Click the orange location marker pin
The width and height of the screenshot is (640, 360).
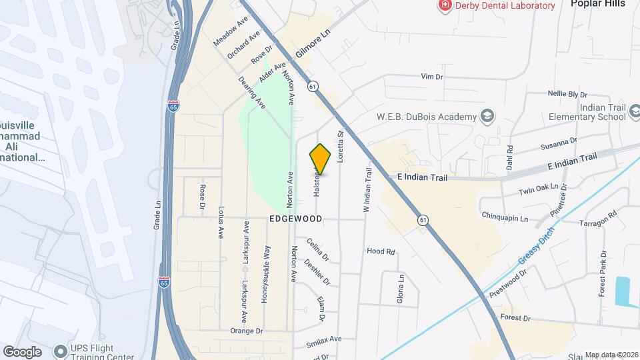click(x=321, y=159)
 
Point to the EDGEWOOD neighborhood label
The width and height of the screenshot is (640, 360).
click(x=296, y=219)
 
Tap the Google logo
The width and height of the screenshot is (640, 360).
click(x=22, y=351)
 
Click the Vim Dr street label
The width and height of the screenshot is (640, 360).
click(x=432, y=77)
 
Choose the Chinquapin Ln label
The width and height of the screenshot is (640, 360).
click(x=505, y=218)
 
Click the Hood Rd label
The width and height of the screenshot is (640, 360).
click(x=381, y=251)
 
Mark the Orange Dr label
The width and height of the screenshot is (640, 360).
click(x=247, y=331)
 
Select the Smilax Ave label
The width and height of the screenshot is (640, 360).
click(x=324, y=339)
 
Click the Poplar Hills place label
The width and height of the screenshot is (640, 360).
click(x=598, y=4)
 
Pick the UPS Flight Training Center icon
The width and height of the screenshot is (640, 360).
click(x=61, y=350)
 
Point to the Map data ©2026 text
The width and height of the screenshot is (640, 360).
click(x=611, y=355)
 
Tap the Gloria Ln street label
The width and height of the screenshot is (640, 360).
click(x=401, y=288)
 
